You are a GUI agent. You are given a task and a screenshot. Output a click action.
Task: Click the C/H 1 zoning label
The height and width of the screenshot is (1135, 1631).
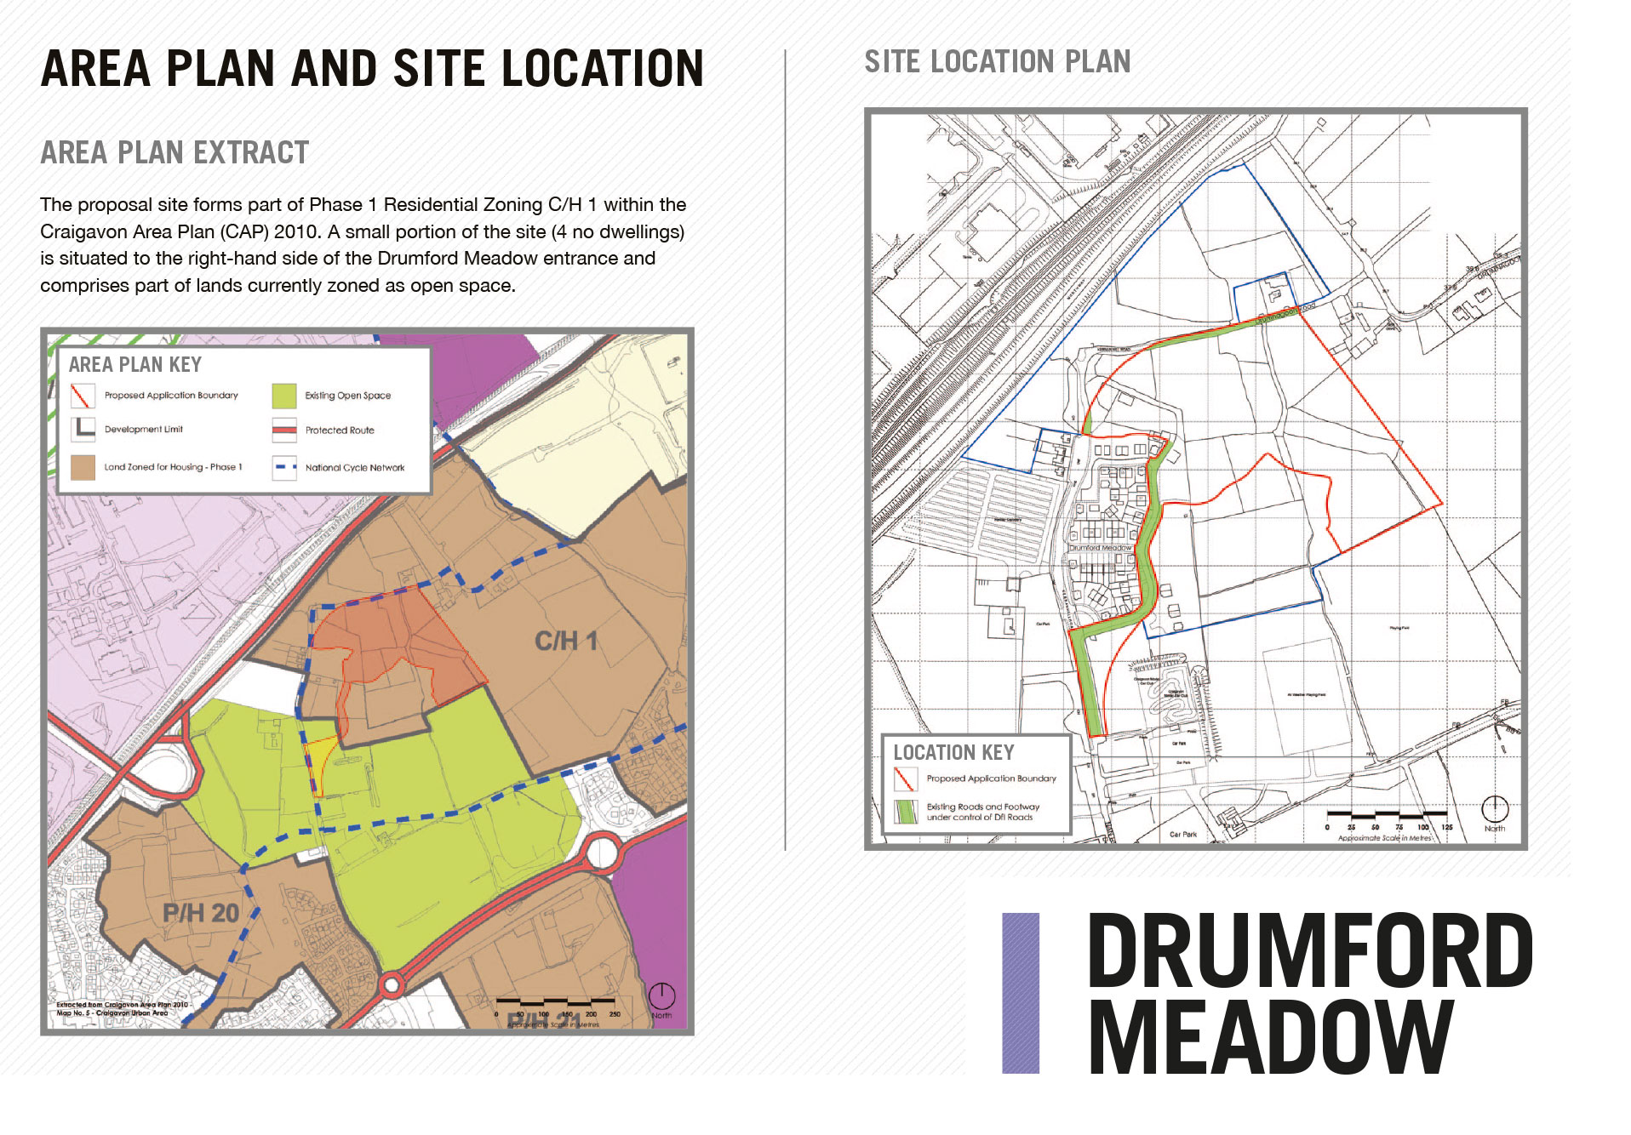pos(566,641)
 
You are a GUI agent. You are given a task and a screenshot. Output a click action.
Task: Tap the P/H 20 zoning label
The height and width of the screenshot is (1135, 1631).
pos(201,913)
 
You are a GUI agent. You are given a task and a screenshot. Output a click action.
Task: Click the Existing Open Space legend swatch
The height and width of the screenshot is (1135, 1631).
pos(284,396)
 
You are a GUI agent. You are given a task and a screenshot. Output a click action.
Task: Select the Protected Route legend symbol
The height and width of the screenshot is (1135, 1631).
pos(284,430)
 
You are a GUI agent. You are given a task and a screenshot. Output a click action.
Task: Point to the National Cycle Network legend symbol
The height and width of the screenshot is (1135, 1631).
pos(284,467)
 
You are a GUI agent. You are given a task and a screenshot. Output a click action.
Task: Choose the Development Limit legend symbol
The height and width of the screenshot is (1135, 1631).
pos(83,429)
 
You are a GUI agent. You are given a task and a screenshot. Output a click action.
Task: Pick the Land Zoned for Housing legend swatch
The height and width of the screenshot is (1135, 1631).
pos(83,467)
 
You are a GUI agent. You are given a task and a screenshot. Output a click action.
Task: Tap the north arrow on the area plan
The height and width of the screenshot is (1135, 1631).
pos(661,995)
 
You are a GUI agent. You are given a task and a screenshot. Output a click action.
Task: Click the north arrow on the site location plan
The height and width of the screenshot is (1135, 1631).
pos(1495,808)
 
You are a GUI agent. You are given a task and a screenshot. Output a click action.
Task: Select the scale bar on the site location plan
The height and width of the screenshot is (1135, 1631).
pos(1387,815)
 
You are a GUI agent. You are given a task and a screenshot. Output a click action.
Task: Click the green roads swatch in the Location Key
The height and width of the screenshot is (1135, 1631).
pos(905,812)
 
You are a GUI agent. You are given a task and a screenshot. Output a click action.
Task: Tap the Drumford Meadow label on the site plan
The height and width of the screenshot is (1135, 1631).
pos(1101,548)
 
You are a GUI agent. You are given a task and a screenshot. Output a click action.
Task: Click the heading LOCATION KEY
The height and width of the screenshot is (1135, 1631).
pos(953,753)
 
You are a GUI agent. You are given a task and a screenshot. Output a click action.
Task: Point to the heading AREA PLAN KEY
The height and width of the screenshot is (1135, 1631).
pos(135,365)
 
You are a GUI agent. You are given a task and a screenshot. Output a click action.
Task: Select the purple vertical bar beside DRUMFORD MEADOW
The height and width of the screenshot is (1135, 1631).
pos(1021,992)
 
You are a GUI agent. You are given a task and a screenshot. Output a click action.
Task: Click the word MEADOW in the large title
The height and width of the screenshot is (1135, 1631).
pos(1270,1038)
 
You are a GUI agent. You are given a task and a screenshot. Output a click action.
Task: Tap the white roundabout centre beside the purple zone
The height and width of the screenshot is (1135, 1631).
pos(602,852)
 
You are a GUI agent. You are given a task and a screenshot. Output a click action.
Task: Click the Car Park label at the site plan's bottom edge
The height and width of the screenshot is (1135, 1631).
pos(1183,835)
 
